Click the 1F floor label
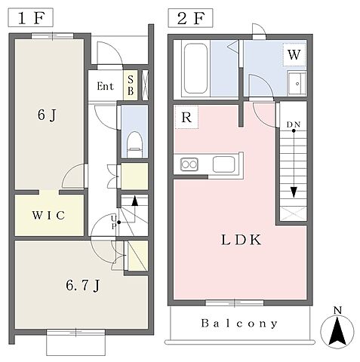[31, 18]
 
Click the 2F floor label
[191, 18]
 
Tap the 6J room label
[47, 115]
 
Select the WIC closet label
[48, 216]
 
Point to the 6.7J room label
[83, 286]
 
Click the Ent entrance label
[106, 86]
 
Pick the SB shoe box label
[131, 85]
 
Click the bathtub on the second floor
[195, 69]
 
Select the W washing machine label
[294, 54]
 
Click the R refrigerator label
[186, 117]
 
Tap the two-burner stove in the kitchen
[189, 164]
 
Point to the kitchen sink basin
[224, 164]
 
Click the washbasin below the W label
[297, 83]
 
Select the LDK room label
[241, 240]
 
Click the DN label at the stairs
[294, 124]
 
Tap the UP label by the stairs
[114, 222]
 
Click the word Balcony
[239, 324]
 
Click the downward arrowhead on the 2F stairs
[294, 192]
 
